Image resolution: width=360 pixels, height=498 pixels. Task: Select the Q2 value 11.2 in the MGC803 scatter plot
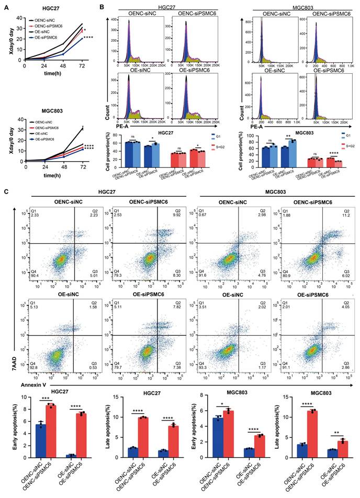coord(346,214)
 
